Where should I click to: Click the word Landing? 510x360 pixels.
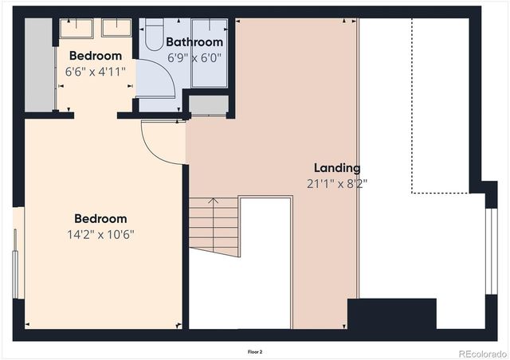(336, 168)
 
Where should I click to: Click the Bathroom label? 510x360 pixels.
(194, 42)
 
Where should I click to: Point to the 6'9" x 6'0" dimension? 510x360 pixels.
(194, 57)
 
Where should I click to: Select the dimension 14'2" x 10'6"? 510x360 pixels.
(100, 234)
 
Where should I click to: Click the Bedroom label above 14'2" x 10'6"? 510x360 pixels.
(100, 219)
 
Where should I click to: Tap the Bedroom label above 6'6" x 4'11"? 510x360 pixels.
(95, 56)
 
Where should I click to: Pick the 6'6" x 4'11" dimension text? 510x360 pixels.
(95, 71)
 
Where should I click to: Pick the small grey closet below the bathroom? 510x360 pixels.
(209, 105)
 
